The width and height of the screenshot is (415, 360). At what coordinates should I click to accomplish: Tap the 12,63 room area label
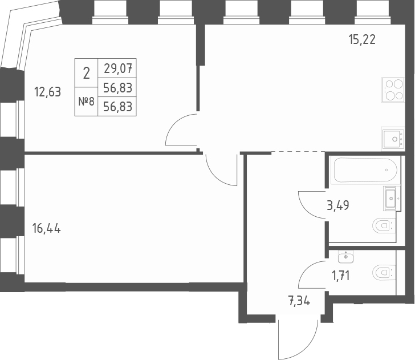(47, 92)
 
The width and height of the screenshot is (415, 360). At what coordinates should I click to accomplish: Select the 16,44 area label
(47, 229)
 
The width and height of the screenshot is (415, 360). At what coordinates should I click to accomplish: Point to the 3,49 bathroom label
(337, 205)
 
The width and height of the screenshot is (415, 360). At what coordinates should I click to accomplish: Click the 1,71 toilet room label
(340, 277)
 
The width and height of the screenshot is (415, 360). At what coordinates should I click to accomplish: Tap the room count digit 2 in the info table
(86, 73)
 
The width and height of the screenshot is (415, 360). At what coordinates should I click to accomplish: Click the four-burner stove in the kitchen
(393, 90)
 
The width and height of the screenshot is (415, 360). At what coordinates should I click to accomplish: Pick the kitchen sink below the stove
(393, 139)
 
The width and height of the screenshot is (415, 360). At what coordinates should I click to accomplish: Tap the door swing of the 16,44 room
(221, 169)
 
